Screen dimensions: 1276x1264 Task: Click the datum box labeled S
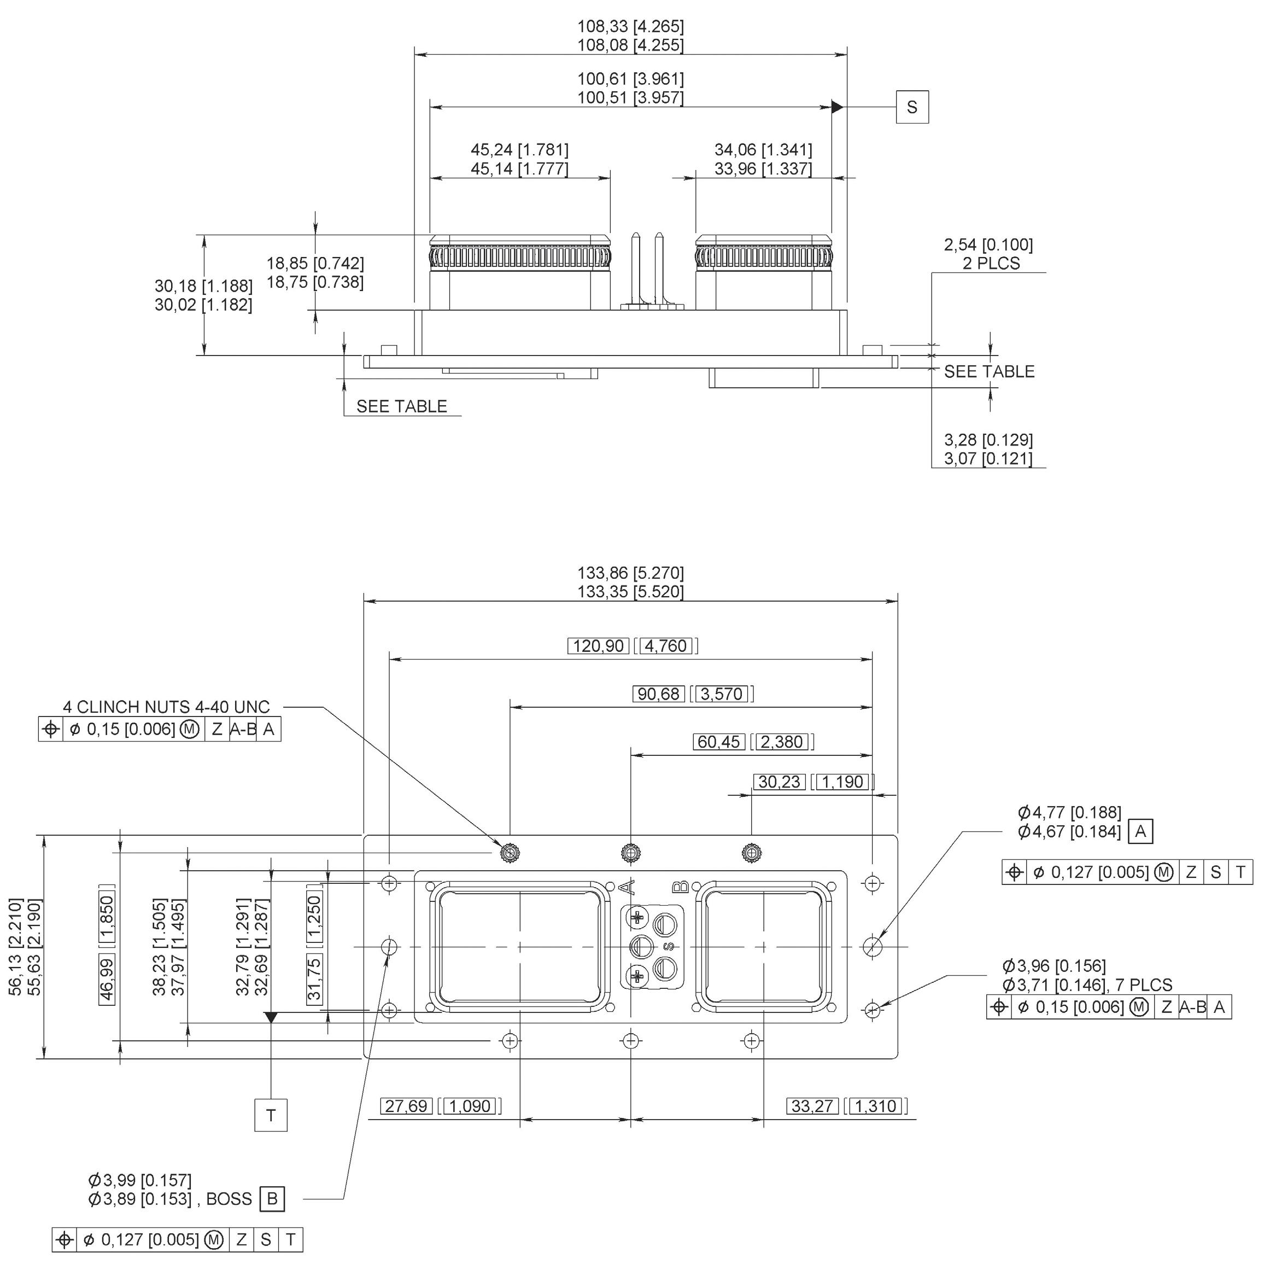click(911, 107)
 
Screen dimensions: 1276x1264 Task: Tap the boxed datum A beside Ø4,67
click(1140, 831)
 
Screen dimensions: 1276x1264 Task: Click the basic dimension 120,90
click(599, 645)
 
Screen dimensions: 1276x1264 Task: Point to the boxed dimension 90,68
click(658, 694)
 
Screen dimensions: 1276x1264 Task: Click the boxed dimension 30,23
click(780, 782)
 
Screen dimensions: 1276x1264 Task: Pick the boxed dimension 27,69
click(406, 1105)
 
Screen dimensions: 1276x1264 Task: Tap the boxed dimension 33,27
click(812, 1105)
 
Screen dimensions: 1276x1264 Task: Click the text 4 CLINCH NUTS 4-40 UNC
click(166, 707)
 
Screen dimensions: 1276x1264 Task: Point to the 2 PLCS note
click(991, 264)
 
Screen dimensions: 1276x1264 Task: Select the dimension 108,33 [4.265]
click(631, 26)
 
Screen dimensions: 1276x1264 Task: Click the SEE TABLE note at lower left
click(402, 406)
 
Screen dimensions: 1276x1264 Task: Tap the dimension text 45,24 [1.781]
click(519, 150)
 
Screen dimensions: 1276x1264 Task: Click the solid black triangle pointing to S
click(838, 106)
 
